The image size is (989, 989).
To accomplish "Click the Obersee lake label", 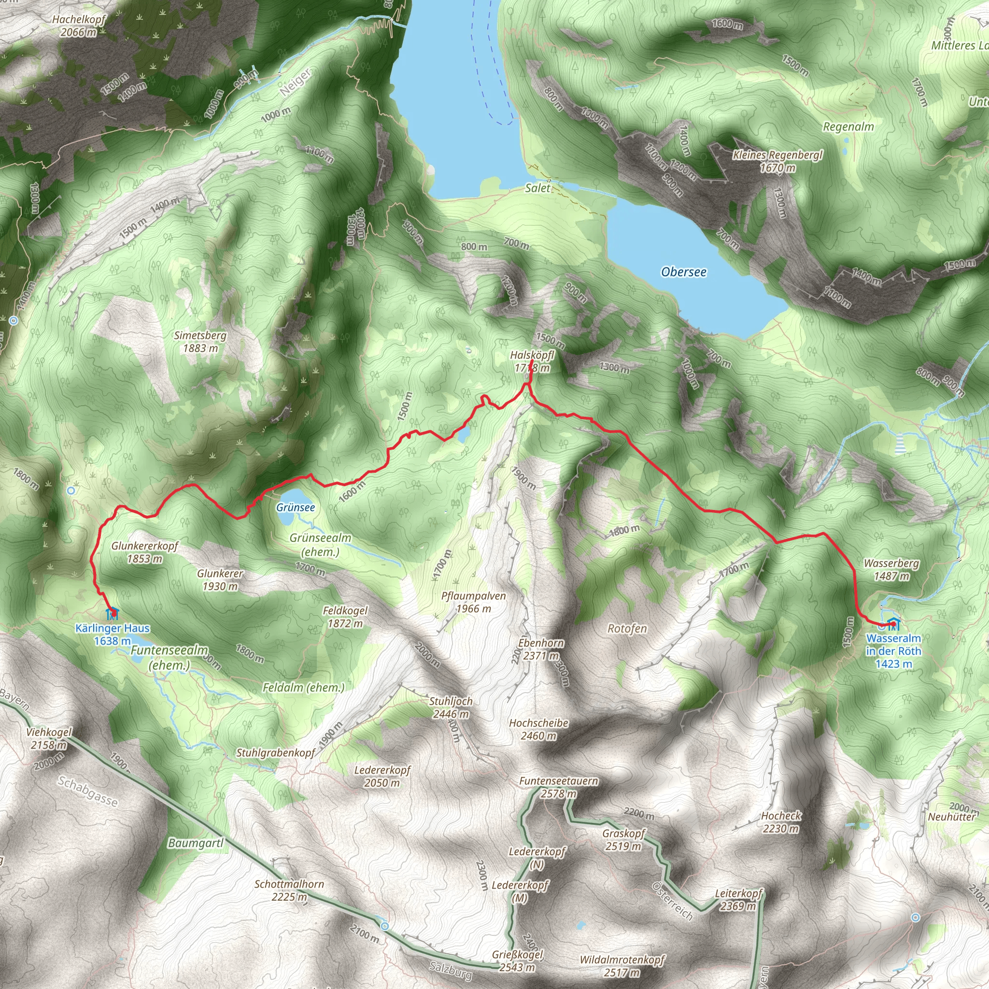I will [683, 272].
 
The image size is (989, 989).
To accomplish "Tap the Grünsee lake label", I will [296, 508].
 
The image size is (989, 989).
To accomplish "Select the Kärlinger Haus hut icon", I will [112, 613].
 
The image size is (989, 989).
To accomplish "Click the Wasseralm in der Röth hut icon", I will [893, 624].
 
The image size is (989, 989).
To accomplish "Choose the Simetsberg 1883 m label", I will [200, 342].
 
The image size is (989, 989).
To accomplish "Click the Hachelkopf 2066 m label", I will [79, 26].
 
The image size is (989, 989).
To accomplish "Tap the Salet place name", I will [537, 188].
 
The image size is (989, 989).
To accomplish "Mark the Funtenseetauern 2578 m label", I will [559, 787].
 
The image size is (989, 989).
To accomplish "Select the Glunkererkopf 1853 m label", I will [145, 552].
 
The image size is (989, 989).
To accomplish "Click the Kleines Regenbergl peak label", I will [777, 161].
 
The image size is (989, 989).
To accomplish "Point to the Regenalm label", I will [848, 127].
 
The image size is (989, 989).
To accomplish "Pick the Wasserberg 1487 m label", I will [891, 570].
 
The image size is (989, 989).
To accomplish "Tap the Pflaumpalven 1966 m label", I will [474, 602].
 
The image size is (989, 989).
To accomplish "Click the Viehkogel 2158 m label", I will [49, 738].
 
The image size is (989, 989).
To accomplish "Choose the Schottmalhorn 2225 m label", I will [289, 890].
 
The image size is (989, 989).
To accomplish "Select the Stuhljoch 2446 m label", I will [451, 707].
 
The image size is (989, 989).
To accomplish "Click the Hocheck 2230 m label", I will [781, 821].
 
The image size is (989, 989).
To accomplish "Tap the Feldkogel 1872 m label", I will [345, 617].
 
